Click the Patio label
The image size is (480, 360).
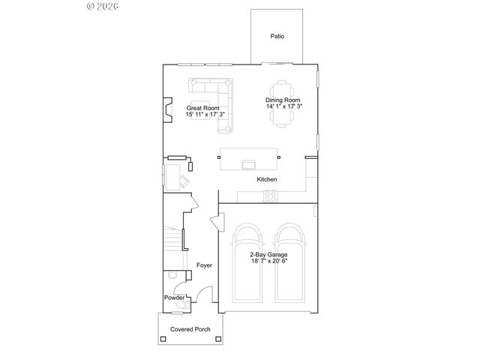pyautogui.click(x=277, y=36)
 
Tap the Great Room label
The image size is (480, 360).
pyautogui.click(x=202, y=108)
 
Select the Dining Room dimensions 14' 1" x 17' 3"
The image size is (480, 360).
pyautogui.click(x=283, y=106)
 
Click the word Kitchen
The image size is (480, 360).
pyautogui.click(x=267, y=180)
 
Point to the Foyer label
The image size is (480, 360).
pyautogui.click(x=204, y=265)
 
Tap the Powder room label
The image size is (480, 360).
pyautogui.click(x=175, y=298)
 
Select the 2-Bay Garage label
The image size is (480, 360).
pyautogui.click(x=268, y=255)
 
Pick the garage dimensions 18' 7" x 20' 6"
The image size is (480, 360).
pyautogui.click(x=268, y=262)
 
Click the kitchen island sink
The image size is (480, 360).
pyautogui.click(x=248, y=162)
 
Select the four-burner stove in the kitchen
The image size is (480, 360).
pyautogui.click(x=271, y=196)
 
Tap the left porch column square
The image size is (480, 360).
pyautogui.click(x=161, y=339)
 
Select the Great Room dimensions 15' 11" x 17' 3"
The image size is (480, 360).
pyautogui.click(x=205, y=115)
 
